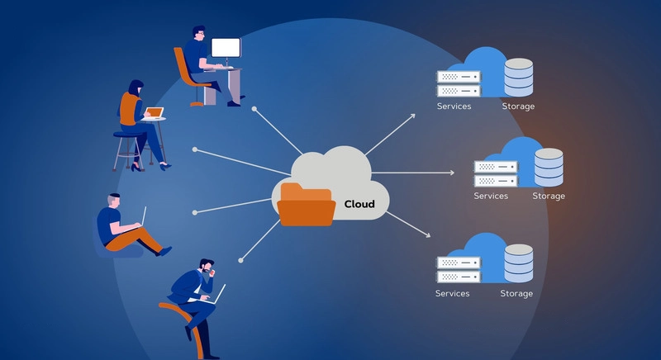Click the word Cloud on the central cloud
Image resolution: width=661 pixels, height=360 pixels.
tap(359, 204)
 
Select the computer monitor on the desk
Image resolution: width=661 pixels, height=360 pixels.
tap(226, 49)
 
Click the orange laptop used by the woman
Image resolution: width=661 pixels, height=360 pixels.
tap(153, 112)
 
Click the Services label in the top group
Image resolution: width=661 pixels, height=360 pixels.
tap(454, 107)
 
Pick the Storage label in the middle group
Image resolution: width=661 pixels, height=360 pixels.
tap(549, 196)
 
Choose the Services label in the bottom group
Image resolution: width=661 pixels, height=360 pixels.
tap(452, 293)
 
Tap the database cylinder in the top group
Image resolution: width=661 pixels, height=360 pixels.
tap(518, 76)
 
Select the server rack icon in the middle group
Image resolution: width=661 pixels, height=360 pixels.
tap(495, 173)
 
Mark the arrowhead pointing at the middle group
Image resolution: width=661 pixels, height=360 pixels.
tap(451, 173)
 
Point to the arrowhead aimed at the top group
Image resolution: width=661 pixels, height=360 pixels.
tap(412, 116)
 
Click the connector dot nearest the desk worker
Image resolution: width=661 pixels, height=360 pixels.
tap(255, 108)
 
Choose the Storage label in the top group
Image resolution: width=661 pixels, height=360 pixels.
tap(518, 107)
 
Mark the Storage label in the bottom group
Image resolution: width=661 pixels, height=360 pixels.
tap(516, 293)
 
